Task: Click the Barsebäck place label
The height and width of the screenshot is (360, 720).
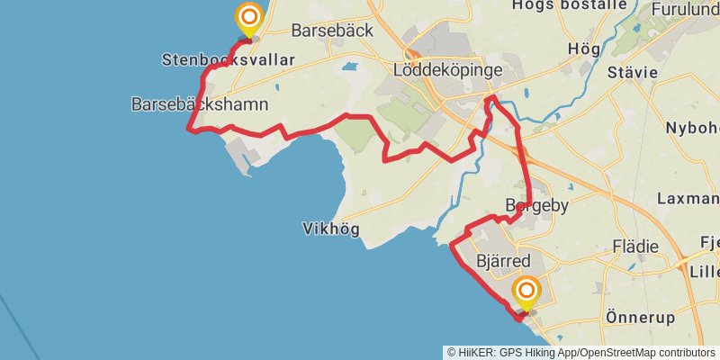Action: (332, 30)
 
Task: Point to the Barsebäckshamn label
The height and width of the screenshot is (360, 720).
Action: (200, 104)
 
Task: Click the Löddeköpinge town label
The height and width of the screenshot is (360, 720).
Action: (447, 69)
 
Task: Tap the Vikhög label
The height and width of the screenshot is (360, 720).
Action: (331, 229)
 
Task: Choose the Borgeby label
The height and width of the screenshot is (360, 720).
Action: (537, 206)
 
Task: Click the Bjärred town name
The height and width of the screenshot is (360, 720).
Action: (498, 261)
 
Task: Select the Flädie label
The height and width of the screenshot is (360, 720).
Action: (634, 246)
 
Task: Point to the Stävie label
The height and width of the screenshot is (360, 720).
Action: (634, 72)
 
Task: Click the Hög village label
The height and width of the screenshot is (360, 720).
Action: (582, 48)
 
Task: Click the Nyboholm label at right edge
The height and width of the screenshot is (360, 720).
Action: (692, 128)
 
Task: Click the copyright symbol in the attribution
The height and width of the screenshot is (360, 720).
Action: (452, 352)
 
